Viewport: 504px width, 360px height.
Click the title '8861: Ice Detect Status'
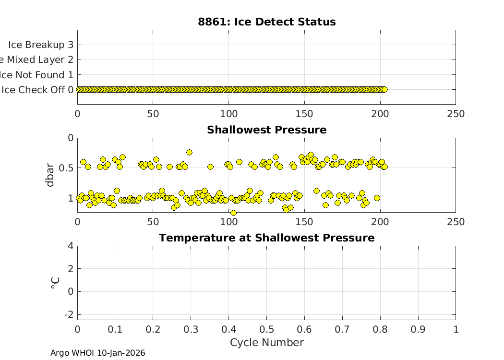(x=266, y=22)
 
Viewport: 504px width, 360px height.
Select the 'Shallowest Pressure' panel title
(x=266, y=130)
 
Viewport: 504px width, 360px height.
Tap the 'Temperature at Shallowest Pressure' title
(x=266, y=238)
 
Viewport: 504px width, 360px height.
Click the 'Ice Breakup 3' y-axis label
(x=41, y=45)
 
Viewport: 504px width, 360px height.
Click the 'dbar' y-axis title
(x=50, y=175)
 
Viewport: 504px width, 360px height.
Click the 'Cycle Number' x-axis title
(x=266, y=343)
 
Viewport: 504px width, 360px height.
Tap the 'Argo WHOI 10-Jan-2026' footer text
(x=97, y=353)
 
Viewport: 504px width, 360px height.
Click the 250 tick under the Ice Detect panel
(x=456, y=114)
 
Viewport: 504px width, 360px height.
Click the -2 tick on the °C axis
(x=68, y=314)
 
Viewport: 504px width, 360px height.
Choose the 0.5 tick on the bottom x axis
(x=266, y=329)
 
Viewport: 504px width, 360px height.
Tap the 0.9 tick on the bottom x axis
(x=418, y=329)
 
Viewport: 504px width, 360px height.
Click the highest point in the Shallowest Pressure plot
(x=189, y=152)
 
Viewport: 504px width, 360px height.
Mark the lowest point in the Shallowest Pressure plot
(x=233, y=213)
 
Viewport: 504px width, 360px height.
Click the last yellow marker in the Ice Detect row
(x=384, y=89)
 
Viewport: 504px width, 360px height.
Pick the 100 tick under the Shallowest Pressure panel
(x=229, y=222)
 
